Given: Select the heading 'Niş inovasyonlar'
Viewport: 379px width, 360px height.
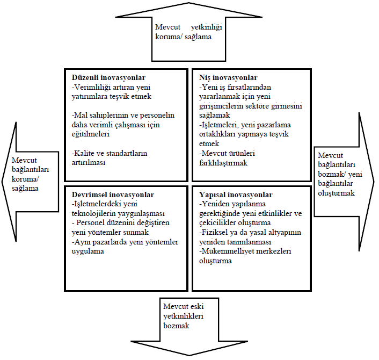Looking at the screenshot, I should pos(228,77).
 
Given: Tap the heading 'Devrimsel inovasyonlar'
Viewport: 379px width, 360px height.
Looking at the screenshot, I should pos(113,195).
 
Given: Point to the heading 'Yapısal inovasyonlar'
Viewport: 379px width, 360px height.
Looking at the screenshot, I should pos(236,195).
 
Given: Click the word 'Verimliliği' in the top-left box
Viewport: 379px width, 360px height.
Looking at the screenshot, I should pos(92,87).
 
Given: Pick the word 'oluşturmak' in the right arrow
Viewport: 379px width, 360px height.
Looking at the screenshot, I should pos(336,193).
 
